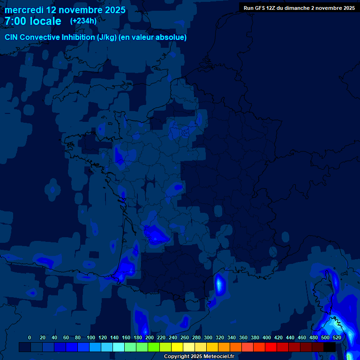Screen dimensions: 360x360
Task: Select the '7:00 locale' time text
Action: coord(33,21)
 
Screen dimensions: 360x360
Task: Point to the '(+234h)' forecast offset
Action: coord(83,21)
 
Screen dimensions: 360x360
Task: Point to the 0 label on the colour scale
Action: coord(30,337)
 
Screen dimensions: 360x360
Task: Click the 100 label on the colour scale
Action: coord(91,337)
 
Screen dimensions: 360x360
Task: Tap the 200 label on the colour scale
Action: coord(150,337)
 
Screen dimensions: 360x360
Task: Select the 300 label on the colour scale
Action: coord(208,337)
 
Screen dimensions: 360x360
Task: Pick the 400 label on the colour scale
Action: coord(267,337)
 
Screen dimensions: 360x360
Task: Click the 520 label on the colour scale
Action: coord(337,337)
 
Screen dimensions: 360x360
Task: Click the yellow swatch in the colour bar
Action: coord(177,347)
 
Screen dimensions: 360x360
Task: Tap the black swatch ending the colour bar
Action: coord(329,347)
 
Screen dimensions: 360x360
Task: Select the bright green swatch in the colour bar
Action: coord(153,347)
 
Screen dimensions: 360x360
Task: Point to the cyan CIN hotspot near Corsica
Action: coord(335,322)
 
